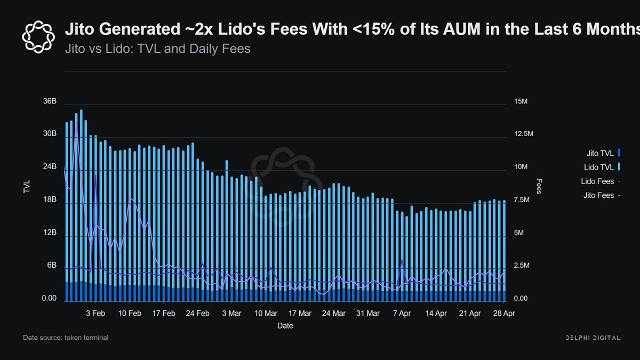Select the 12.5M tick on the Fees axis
(x=521, y=133)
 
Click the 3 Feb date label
(x=95, y=314)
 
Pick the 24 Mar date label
(x=334, y=314)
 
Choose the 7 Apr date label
(x=402, y=314)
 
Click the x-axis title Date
(x=285, y=325)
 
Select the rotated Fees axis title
(x=539, y=186)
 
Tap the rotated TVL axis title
(x=27, y=186)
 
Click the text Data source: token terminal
(x=66, y=338)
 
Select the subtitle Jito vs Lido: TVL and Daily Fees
(x=157, y=49)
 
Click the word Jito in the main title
(x=79, y=29)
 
